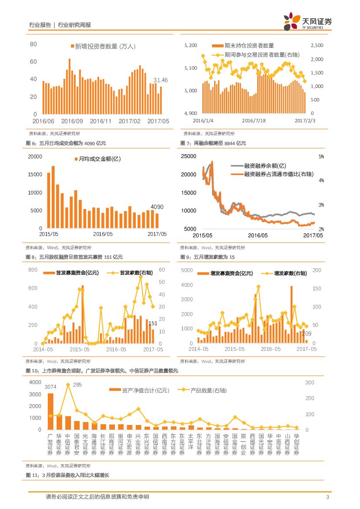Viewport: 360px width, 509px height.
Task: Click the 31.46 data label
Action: point(160,81)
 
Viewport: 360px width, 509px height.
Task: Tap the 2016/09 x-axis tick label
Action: point(72,121)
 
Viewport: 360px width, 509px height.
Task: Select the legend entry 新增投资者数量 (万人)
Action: point(103,47)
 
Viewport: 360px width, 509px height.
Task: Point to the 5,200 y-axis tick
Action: point(191,45)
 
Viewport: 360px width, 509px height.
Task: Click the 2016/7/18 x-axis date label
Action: point(254,121)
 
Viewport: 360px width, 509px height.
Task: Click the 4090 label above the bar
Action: point(157,207)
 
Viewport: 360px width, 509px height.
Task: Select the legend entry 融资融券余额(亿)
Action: point(259,166)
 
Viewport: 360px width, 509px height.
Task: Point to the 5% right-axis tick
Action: point(321,157)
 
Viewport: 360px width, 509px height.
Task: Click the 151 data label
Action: point(153,324)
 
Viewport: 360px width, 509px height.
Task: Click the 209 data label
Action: point(306,334)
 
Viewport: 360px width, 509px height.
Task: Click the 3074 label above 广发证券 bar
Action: point(50,387)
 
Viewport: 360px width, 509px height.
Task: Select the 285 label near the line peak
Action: point(77,385)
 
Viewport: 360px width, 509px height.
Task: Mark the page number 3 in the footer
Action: point(327,497)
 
